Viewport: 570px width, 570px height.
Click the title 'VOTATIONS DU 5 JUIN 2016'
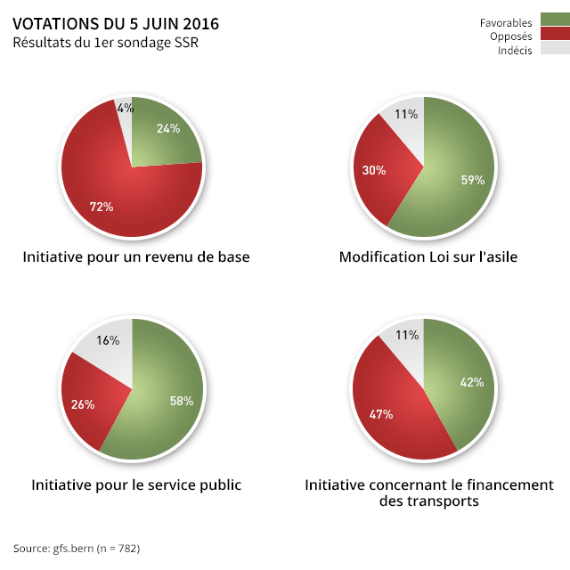coord(116,24)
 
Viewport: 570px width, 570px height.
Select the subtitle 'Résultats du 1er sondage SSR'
coord(99,43)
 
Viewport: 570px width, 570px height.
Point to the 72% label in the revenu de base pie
coord(102,207)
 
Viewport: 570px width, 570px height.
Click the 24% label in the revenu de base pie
coord(168,128)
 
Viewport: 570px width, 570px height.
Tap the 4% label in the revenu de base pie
coord(126,108)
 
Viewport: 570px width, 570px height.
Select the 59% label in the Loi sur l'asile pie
coord(472,180)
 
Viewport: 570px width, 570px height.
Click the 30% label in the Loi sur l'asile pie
coord(374,170)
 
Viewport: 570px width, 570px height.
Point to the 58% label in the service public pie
coord(182,401)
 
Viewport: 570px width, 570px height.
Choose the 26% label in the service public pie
coord(83,404)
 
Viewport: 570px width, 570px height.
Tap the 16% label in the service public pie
coord(109,340)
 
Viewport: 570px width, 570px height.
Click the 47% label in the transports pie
coord(381,414)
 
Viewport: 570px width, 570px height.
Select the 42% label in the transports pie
coord(471,382)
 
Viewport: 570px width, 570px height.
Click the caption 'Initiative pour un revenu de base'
coord(136,256)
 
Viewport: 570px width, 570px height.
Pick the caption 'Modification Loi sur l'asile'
coord(428,256)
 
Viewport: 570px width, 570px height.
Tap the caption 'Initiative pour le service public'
coord(136,484)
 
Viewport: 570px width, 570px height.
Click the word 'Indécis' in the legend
coord(515,50)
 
